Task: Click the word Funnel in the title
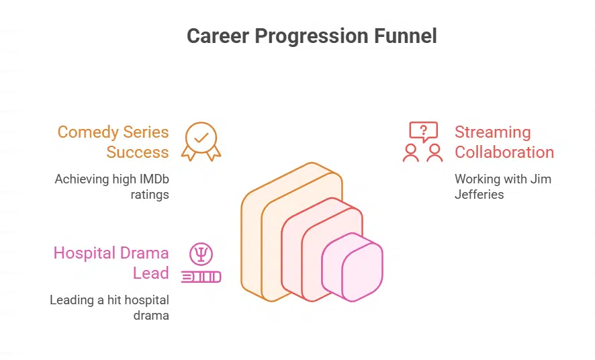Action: tap(405, 36)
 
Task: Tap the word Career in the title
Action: tap(218, 36)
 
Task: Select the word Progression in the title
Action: tap(312, 37)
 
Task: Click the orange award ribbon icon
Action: tap(201, 142)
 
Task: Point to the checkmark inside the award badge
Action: tap(201, 137)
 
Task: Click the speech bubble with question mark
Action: tap(424, 132)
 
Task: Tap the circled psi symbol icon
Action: tap(201, 254)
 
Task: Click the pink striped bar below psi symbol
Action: tap(201, 277)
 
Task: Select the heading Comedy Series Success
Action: tap(113, 142)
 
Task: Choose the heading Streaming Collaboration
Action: tap(504, 142)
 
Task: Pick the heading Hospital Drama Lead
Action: tap(111, 263)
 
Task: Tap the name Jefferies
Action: tap(479, 194)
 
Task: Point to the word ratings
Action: tap(150, 195)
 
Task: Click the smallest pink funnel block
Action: tap(352, 267)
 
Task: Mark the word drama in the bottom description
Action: tap(151, 315)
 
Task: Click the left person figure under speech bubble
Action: tap(411, 153)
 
